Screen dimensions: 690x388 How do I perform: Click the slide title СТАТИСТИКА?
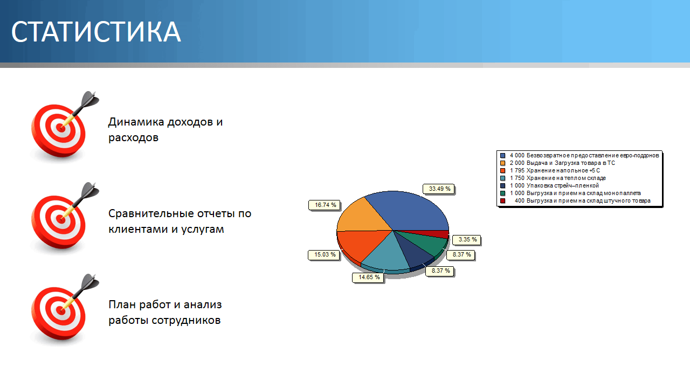(x=96, y=32)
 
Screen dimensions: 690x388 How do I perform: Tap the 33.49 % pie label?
(x=439, y=189)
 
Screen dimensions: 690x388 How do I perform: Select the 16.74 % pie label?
(x=325, y=205)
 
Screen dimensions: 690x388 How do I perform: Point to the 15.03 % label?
(x=325, y=255)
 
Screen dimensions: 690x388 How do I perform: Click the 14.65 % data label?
(x=369, y=277)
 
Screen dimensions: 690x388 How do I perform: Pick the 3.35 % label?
(x=467, y=240)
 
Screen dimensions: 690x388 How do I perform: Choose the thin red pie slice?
(x=437, y=233)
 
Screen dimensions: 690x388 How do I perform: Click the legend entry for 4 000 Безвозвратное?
(x=579, y=156)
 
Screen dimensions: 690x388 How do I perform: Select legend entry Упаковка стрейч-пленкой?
(x=549, y=186)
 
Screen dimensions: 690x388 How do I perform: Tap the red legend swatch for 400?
(x=503, y=201)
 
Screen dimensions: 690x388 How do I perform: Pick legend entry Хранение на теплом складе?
(x=553, y=178)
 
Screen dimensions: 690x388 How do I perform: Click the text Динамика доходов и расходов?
(x=165, y=130)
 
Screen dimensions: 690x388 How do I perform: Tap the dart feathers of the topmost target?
(x=90, y=99)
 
